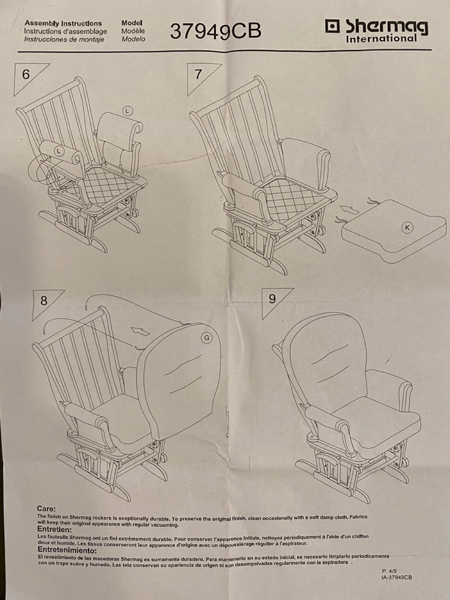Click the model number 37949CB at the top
pyautogui.click(x=215, y=31)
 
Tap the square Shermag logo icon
pyautogui.click(x=332, y=27)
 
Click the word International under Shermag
pyautogui.click(x=381, y=39)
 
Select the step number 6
pyautogui.click(x=26, y=74)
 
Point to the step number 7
pyautogui.click(x=198, y=74)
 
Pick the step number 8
pyautogui.click(x=44, y=301)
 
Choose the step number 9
pyautogui.click(x=272, y=299)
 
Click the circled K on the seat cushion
pyautogui.click(x=407, y=227)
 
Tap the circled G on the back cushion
pyautogui.click(x=207, y=338)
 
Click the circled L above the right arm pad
pyautogui.click(x=127, y=111)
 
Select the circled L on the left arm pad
pyautogui.click(x=59, y=150)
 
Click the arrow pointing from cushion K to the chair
pyautogui.click(x=350, y=210)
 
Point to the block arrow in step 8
pyautogui.click(x=140, y=331)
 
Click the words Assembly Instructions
pyautogui.click(x=63, y=23)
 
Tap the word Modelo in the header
pyautogui.click(x=133, y=39)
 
